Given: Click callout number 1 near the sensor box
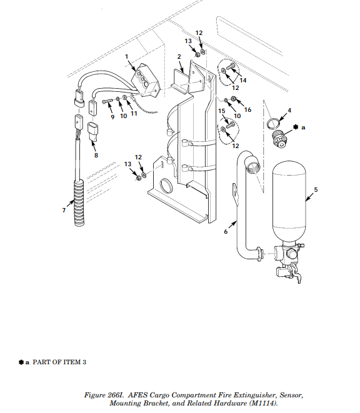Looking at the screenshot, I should coord(127,56).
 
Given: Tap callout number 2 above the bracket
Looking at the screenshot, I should coord(179,56).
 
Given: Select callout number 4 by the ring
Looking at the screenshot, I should coord(289,111).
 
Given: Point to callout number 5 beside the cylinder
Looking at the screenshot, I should coord(316,189).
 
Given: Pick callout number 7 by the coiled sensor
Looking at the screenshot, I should coord(63,211).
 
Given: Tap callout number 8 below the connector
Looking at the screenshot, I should coord(96,156).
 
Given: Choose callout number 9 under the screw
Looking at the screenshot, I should coord(112,116).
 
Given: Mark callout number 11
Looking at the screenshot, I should coord(134,114).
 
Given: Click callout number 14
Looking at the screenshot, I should coord(243,81).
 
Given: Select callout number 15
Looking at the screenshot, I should coord(221,111).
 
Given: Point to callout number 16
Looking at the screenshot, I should coord(247,110).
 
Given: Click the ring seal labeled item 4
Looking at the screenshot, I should coord(272,122).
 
